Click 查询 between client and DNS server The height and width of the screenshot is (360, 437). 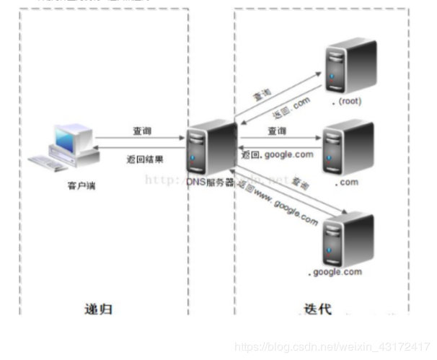tap(142, 131)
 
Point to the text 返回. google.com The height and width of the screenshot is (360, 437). tap(277, 154)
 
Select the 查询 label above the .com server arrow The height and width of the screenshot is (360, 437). tap(276, 131)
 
